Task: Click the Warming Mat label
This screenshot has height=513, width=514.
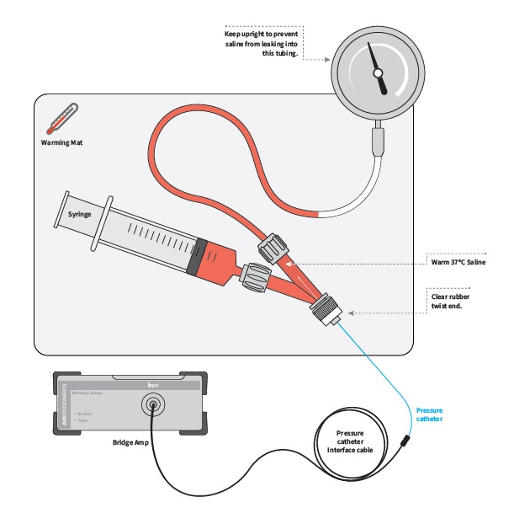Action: (61, 142)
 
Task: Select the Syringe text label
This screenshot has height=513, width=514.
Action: (79, 214)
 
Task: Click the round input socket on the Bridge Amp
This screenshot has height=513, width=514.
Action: (153, 408)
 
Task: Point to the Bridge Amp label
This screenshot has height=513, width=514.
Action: (133, 441)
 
